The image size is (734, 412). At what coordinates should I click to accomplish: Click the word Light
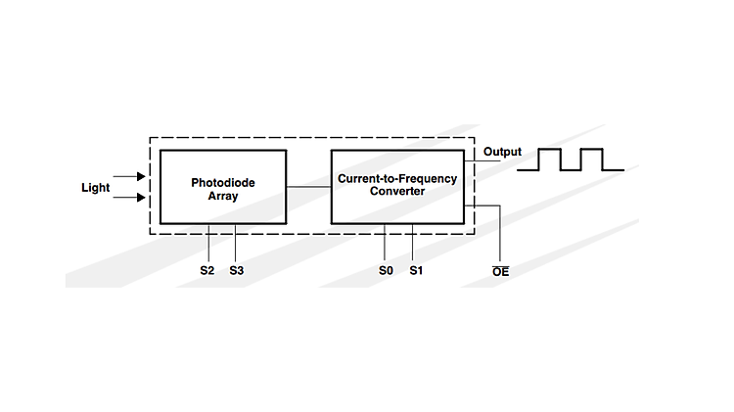(95, 187)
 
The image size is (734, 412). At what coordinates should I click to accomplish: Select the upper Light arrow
(128, 177)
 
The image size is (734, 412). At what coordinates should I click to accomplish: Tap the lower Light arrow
(128, 198)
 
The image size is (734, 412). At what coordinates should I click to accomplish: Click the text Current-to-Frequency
(396, 179)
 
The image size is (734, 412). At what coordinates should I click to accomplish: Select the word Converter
(396, 192)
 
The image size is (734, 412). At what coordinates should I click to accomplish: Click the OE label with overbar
(500, 269)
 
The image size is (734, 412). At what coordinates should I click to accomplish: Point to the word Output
(502, 152)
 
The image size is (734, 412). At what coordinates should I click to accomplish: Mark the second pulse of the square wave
(591, 160)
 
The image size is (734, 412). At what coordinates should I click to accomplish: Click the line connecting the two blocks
(308, 187)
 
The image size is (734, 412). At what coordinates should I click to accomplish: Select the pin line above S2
(211, 240)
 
